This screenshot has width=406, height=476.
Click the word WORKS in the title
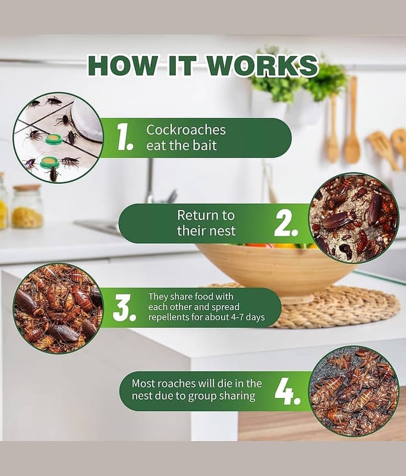(263, 65)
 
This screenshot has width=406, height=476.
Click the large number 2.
(286, 224)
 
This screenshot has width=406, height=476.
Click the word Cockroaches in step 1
(186, 130)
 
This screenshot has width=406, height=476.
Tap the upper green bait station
(54, 139)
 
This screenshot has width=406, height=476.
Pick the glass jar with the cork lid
(27, 206)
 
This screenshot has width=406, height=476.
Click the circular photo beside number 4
(354, 392)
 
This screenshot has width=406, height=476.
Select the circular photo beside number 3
(58, 308)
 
